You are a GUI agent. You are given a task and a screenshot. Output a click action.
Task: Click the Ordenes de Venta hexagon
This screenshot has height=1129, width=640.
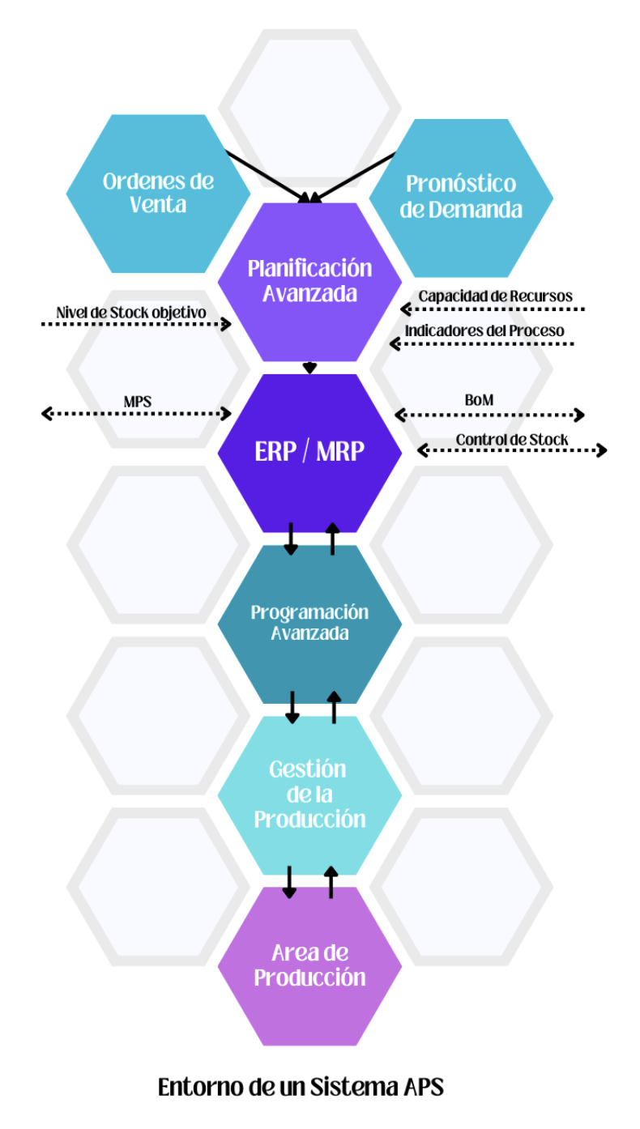[158, 193]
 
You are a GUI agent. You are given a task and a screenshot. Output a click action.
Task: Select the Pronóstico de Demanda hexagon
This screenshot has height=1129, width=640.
[461, 198]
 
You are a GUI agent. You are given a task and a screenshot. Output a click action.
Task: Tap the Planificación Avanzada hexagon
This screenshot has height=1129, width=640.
[309, 280]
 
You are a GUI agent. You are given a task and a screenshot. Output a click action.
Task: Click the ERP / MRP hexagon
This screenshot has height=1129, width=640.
[309, 452]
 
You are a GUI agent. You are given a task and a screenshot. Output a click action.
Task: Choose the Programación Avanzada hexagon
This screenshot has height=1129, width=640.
[309, 622]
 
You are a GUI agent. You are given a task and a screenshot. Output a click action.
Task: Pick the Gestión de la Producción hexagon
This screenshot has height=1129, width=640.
[309, 794]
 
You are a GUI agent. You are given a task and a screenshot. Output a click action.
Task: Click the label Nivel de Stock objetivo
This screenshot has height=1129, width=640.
[130, 313]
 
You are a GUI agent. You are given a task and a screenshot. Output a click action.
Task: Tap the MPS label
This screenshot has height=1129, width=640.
[138, 401]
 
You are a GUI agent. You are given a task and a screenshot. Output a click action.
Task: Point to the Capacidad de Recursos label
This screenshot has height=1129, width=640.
[495, 296]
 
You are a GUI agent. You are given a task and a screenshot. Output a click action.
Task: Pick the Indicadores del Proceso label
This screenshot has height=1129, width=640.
[484, 330]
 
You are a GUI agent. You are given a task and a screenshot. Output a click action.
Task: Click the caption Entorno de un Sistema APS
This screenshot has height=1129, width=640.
[301, 1086]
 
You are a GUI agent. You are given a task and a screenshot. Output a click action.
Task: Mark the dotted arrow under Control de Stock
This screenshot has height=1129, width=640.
[512, 450]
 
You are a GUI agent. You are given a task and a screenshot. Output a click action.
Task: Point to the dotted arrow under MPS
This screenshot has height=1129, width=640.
[136, 414]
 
